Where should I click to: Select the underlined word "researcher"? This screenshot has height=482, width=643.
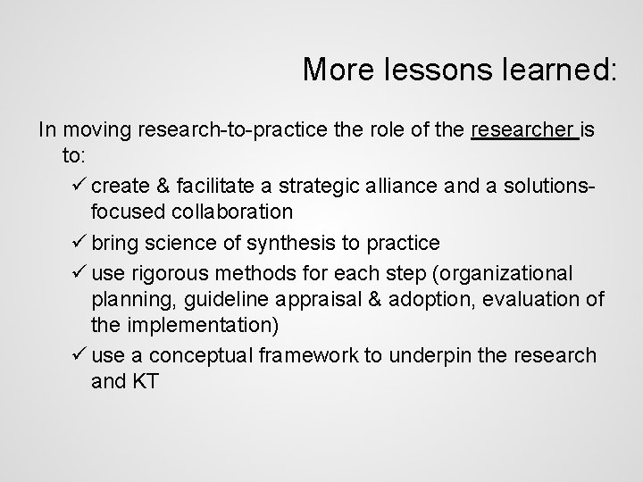point(524,132)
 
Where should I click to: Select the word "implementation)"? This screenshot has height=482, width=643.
point(188,327)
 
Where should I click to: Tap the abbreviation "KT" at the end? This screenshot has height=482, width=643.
point(146,382)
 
